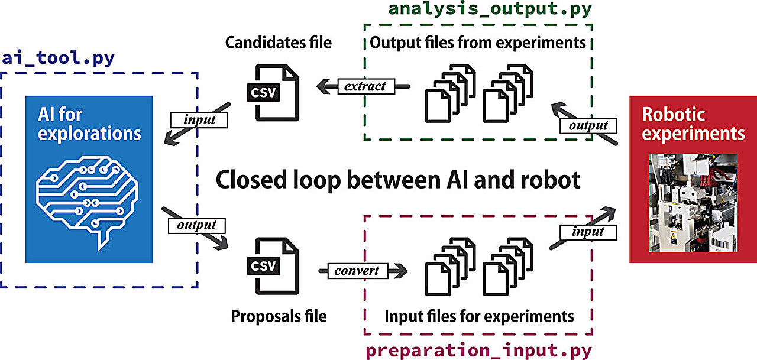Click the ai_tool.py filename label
tap(58, 59)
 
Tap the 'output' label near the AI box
tap(196, 225)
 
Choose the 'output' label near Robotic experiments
tap(588, 125)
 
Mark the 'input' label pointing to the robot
tap(588, 232)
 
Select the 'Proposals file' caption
tap(279, 316)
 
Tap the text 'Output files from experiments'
tap(478, 43)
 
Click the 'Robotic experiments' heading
tap(693, 124)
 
